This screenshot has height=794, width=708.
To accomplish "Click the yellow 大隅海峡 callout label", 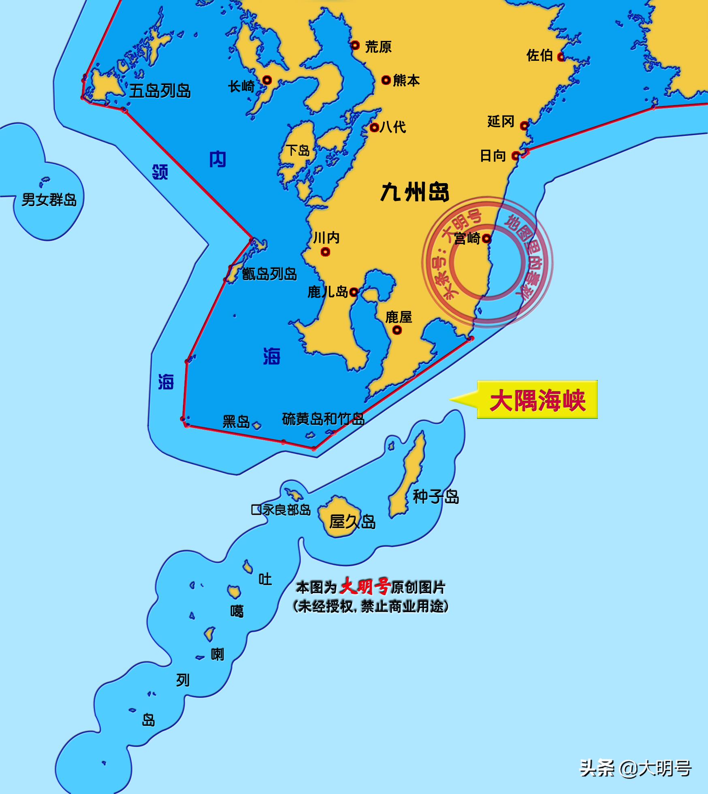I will coord(537,400).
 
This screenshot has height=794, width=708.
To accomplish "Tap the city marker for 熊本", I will coord(386,80).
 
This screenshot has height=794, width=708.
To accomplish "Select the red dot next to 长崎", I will coord(267,80).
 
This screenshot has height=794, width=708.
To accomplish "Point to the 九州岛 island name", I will coord(415,192).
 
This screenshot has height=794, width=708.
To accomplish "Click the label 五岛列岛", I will coord(160,91).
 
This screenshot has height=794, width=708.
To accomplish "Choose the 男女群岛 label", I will coord(49,200).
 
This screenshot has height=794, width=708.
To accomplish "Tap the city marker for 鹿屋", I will coord(397,330).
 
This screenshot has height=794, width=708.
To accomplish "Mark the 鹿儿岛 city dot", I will coord(354,292).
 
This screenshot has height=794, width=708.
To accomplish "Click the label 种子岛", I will coord(436,497).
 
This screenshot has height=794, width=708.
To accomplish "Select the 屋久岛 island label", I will coord(352,522).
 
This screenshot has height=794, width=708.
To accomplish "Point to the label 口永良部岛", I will coord(281,510).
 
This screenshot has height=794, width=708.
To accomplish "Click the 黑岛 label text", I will coord(236,422).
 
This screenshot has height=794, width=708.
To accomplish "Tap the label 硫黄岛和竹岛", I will coord(323,419).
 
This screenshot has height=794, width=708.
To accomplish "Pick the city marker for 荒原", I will coord(355,45).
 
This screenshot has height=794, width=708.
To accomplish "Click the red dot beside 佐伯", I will coord(561,57).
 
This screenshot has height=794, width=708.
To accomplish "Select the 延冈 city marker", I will coord(524,126).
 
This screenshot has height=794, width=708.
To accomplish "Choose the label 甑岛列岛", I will coord(269,274).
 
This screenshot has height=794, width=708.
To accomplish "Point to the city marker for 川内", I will coord(325,252).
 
